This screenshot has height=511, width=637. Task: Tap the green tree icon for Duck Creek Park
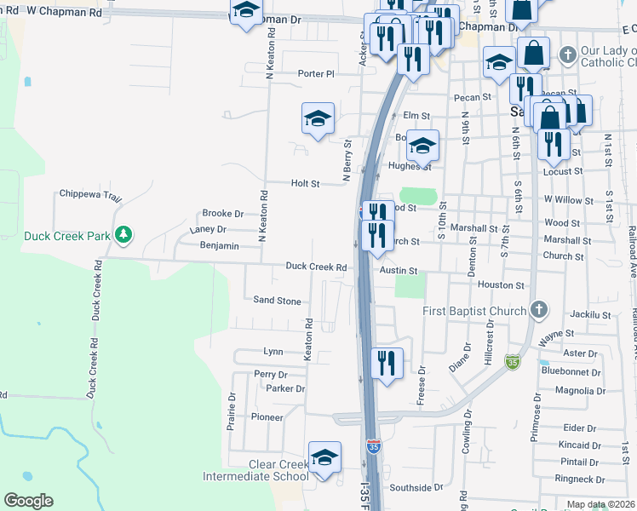point(123,233)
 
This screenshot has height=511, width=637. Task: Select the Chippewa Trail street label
point(91,194)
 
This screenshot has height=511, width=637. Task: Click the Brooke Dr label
point(222,214)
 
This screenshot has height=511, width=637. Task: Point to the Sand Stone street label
point(278,301)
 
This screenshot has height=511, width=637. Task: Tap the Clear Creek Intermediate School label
point(255,470)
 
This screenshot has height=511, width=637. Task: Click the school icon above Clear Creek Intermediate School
point(324,458)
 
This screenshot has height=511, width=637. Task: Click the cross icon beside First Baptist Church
point(537,310)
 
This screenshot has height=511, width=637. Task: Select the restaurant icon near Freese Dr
point(387,364)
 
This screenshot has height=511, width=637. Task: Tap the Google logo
point(28,501)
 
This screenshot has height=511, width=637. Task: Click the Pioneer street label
point(267,417)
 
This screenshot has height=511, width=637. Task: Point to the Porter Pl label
point(316,74)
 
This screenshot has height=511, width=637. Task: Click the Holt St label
point(305,183)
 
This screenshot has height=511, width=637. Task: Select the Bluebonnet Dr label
point(571,371)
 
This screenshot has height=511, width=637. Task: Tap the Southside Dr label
point(416,488)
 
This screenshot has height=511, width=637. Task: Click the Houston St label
point(501,285)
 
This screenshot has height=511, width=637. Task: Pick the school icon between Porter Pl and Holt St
point(318,119)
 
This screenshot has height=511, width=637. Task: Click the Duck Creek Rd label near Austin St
point(316,267)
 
